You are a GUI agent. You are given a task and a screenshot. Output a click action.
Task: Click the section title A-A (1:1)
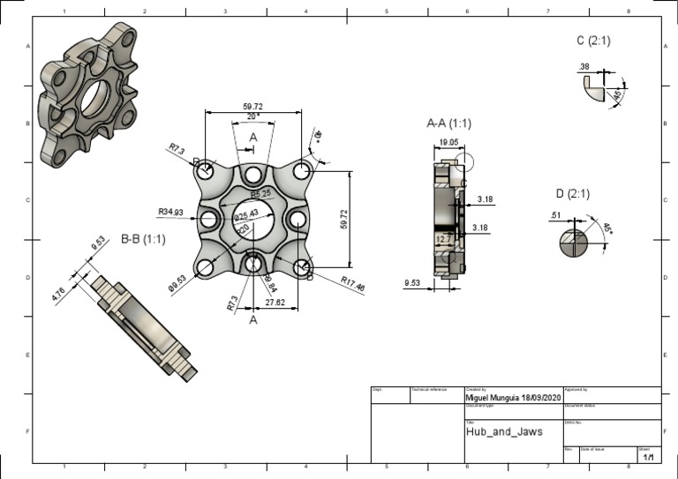[x=448, y=123]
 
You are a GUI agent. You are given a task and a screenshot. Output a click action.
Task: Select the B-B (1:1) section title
[x=142, y=238]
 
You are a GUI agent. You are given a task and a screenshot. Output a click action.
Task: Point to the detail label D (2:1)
[x=572, y=194]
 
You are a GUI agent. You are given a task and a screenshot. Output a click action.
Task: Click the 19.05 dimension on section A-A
[x=448, y=142]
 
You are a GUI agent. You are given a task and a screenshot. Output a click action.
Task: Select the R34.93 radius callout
[x=170, y=213]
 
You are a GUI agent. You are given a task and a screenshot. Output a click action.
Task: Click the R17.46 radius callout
[x=353, y=282]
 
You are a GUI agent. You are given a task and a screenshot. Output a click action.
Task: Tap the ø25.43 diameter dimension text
[x=246, y=213]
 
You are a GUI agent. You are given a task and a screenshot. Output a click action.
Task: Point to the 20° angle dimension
[x=252, y=116]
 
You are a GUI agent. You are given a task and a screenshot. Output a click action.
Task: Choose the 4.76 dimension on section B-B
[x=59, y=295]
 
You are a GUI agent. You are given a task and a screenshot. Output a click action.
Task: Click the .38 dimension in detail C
[x=584, y=67]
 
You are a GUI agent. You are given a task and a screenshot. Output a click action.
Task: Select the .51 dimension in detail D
[x=556, y=215]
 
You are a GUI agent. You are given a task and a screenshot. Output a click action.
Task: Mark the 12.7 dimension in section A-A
[x=443, y=239]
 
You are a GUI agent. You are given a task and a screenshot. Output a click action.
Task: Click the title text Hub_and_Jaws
[x=503, y=432]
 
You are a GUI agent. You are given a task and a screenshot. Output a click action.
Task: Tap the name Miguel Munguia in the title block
[x=497, y=398]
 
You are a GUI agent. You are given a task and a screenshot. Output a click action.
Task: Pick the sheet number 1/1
[x=649, y=458]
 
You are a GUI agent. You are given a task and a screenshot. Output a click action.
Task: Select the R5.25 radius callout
[x=260, y=194]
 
